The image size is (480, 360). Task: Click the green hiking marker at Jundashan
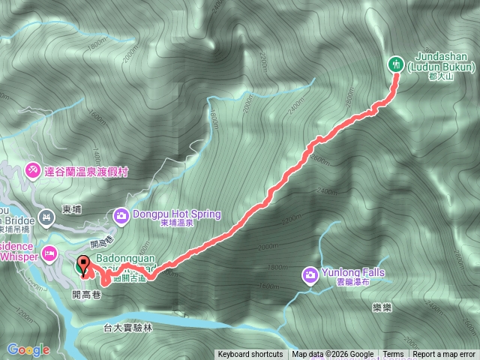pyautogui.click(x=395, y=64)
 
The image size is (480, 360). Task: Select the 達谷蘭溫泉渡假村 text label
pyautogui.click(x=86, y=172)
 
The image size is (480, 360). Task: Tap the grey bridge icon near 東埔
pyautogui.click(x=46, y=217)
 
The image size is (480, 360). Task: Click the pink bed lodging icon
pyautogui.click(x=49, y=253)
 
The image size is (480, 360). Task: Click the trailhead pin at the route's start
pyautogui.click(x=82, y=265)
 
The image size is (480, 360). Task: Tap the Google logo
pyautogui.click(x=28, y=349)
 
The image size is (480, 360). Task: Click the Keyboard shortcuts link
pyautogui.click(x=250, y=355)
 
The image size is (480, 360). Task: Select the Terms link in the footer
pyautogui.click(x=393, y=355)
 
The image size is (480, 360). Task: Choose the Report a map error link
pyautogui.click(x=444, y=355)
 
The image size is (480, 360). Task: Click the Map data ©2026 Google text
pyautogui.click(x=333, y=355)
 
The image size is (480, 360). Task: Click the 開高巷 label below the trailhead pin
pyautogui.click(x=85, y=295)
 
